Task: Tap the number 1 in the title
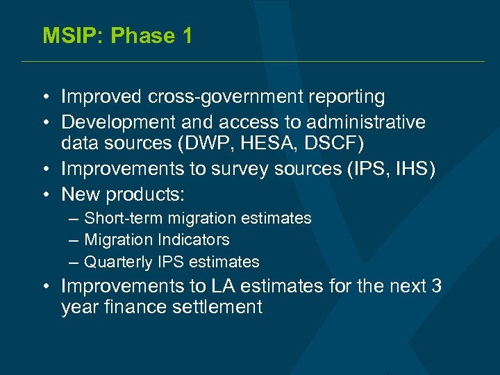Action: (185, 35)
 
